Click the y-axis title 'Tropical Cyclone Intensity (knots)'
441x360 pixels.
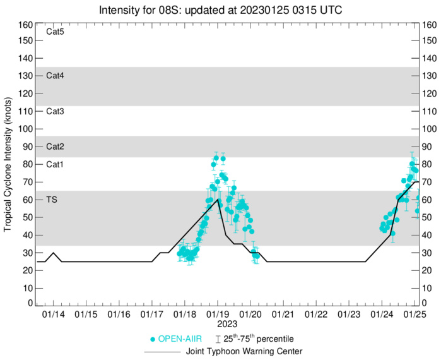tap(8, 164)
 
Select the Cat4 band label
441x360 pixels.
tap(56, 76)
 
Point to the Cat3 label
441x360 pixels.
tap(56, 111)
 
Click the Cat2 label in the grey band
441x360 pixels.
tap(56, 147)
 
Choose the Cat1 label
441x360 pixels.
tap(56, 164)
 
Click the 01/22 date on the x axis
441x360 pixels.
tap(316, 314)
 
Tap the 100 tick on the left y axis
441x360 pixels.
tap(25, 129)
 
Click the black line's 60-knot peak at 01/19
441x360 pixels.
tap(218, 200)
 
